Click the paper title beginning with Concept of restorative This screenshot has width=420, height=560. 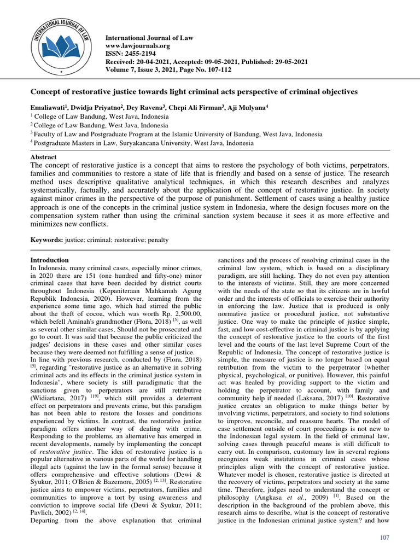(x=193, y=92)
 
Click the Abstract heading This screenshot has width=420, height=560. (x=43, y=157)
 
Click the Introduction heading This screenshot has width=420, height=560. (x=49, y=260)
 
